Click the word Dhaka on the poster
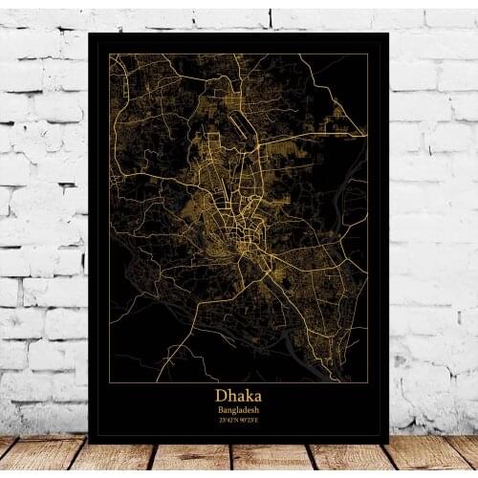coord(238,393)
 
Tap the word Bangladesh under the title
coord(238,409)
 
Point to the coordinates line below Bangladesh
coord(238,421)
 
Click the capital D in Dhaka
coord(221,393)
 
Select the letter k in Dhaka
coord(247,393)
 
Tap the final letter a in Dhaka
coord(256,394)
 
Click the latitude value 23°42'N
coord(228,421)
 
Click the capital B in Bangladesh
coord(219,409)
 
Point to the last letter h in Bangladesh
coord(258,409)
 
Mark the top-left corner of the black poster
coord(88,32)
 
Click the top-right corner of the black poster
coord(389,33)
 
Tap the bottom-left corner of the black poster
coord(89,443)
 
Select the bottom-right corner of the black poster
coord(388,443)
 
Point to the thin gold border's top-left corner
coord(109,54)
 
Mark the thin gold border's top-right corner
coord(368,54)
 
